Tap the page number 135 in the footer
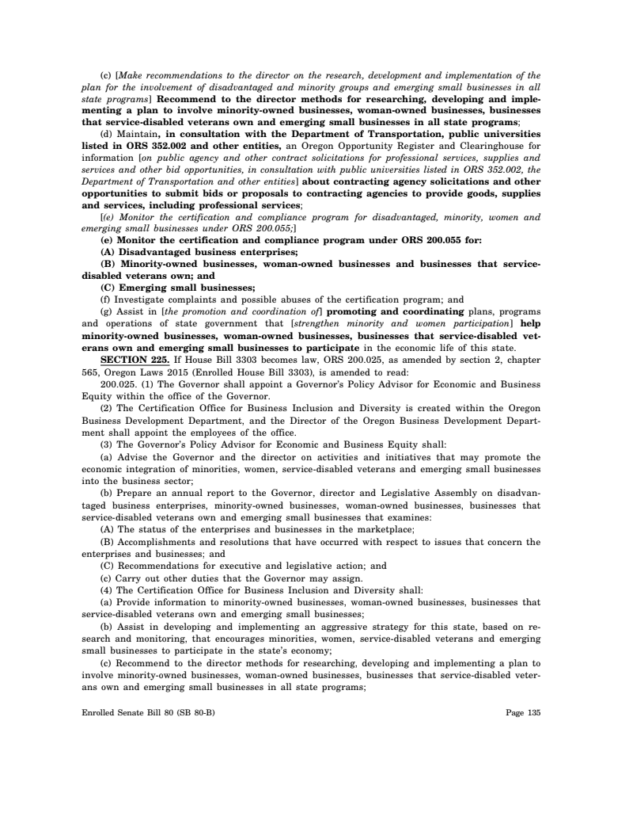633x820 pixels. pyautogui.click(x=531, y=712)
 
